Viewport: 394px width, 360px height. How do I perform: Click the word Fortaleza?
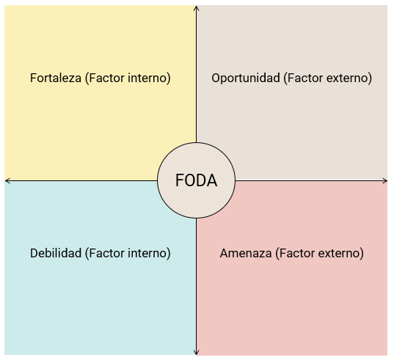coord(56,78)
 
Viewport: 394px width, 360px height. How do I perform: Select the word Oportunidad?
coord(246,78)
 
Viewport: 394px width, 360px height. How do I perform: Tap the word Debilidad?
coord(56,253)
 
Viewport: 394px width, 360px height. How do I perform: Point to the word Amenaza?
coord(246,253)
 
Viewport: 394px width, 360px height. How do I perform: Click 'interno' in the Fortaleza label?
coord(149,78)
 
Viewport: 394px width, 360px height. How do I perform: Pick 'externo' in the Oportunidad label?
coord(349,78)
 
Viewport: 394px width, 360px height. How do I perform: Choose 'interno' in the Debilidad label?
coord(149,253)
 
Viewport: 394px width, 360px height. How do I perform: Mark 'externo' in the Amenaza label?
coord(341,253)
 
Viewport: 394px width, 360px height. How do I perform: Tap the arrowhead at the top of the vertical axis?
coord(196,7)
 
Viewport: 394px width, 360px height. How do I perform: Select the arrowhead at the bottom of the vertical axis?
coord(196,353)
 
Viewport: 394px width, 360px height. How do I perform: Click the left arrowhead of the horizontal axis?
coord(7,180)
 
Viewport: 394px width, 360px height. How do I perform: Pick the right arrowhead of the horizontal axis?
coord(385,180)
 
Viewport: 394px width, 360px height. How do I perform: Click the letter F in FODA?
coord(180,180)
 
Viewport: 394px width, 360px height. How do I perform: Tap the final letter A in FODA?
coord(212,180)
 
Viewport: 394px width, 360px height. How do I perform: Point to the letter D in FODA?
coord(202,180)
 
